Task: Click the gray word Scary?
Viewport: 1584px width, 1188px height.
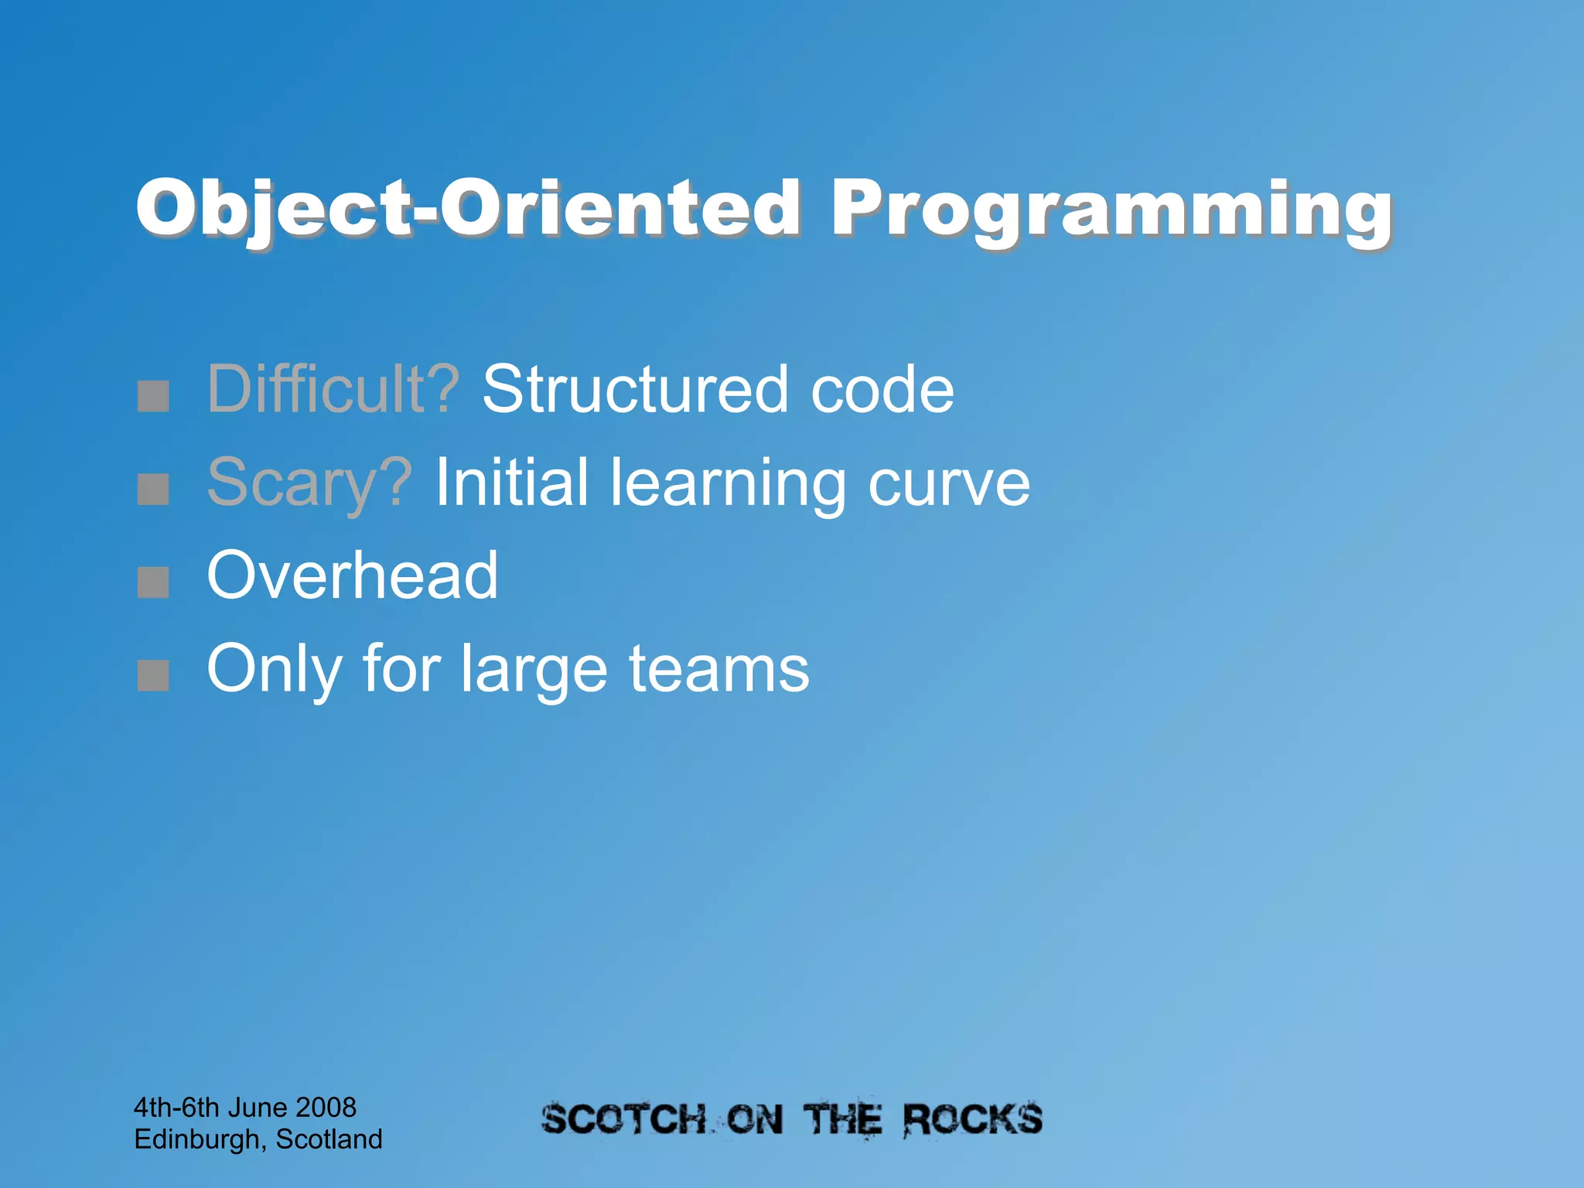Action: [309, 483]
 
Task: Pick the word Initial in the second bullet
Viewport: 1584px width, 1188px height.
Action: [511, 483]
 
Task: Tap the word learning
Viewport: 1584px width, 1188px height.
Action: [728, 483]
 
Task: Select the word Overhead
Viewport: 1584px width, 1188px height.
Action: [353, 575]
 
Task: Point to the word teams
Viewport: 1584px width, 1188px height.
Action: [719, 669]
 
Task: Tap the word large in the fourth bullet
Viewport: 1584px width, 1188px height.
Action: [534, 669]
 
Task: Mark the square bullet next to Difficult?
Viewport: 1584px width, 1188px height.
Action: [153, 396]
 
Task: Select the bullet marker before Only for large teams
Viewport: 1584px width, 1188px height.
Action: [153, 675]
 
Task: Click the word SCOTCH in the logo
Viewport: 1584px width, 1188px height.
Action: [623, 1120]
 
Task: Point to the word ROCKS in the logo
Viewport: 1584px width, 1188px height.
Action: [972, 1119]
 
